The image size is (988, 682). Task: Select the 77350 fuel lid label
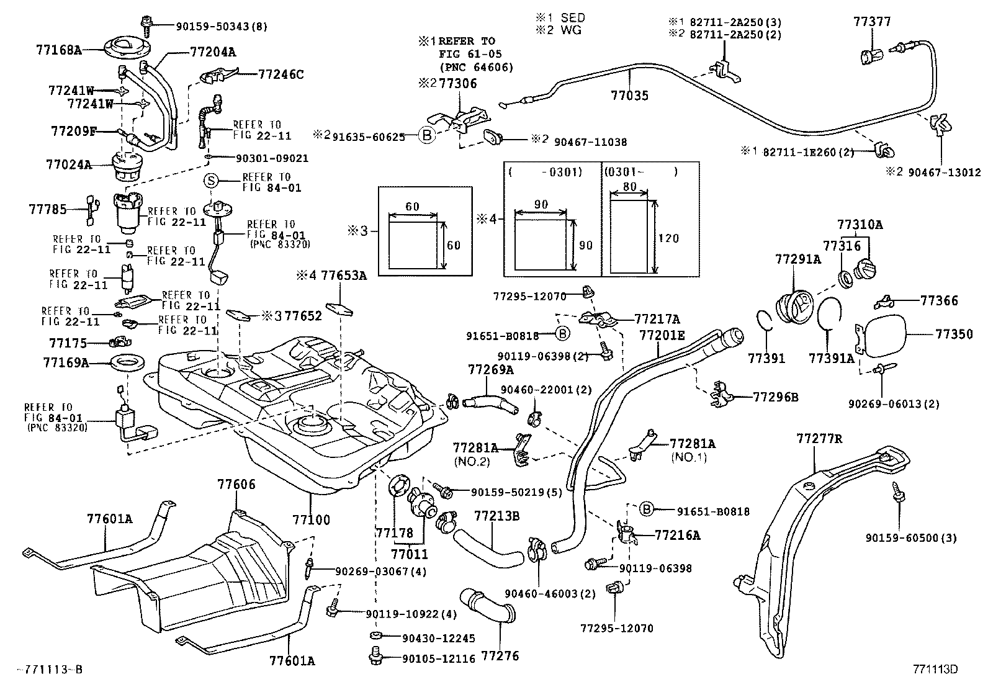point(954,334)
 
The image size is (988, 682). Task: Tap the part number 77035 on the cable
point(629,95)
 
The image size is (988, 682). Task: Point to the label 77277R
point(819,439)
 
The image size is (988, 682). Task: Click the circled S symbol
point(212,181)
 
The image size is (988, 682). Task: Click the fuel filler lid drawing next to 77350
point(881,336)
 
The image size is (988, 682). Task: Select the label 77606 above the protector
point(236,484)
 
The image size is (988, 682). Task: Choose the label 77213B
point(496,515)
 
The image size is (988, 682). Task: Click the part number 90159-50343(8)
point(213,26)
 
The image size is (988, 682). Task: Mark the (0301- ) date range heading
point(640,171)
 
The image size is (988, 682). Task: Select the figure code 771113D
point(935,668)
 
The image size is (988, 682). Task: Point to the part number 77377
point(871,22)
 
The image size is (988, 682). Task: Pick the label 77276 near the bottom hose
point(500,655)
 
